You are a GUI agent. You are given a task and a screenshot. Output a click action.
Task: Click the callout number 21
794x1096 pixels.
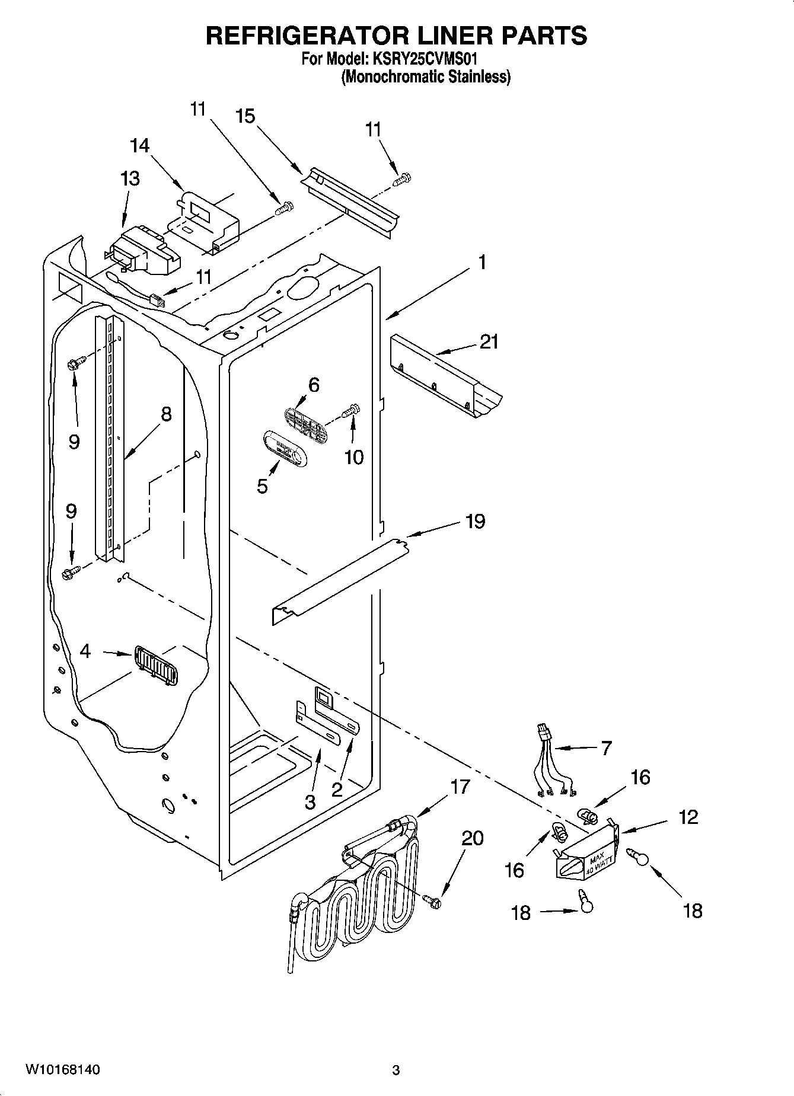pyautogui.click(x=489, y=342)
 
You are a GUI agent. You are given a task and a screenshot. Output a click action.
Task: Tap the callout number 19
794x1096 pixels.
pyautogui.click(x=476, y=522)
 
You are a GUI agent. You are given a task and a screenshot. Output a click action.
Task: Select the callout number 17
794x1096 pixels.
pyautogui.click(x=460, y=787)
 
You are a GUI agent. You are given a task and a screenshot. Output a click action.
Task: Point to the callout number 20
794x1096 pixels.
pyautogui.click(x=473, y=838)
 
